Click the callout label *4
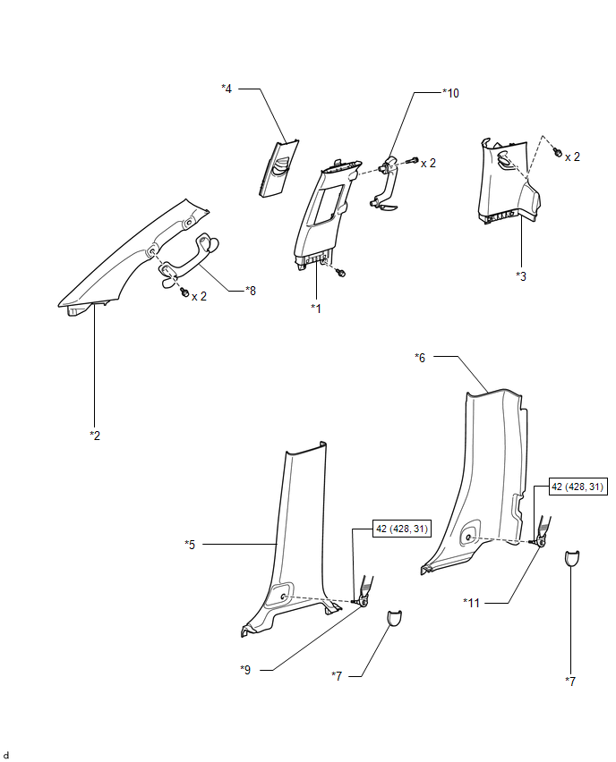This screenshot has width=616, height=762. pyautogui.click(x=227, y=88)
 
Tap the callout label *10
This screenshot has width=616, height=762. pyautogui.click(x=450, y=93)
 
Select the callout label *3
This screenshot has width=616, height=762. pyautogui.click(x=521, y=275)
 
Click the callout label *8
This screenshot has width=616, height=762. pyautogui.click(x=251, y=290)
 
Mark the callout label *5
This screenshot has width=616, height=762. pyautogui.click(x=190, y=543)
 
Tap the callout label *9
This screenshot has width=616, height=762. pyautogui.click(x=245, y=668)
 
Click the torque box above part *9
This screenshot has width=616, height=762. pyautogui.click(x=401, y=529)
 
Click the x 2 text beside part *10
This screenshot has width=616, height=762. pyautogui.click(x=428, y=163)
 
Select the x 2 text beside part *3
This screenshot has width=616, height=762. pyautogui.click(x=571, y=156)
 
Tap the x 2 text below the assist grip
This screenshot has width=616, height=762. pyautogui.click(x=199, y=295)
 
